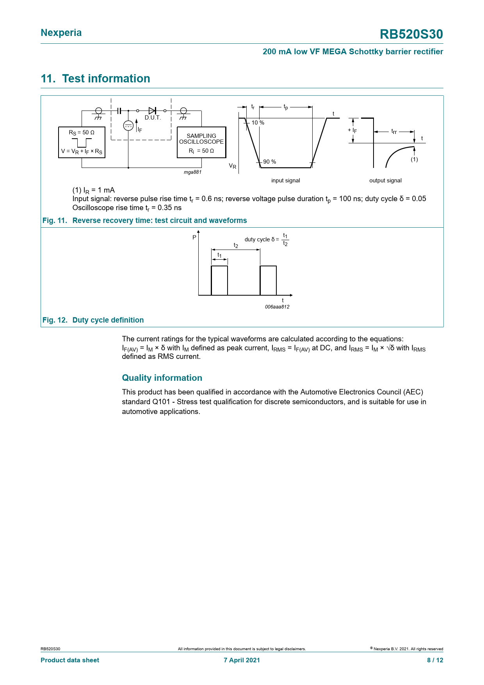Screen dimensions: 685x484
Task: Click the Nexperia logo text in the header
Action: tap(61, 33)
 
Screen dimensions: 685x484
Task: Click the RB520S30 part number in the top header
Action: tap(411, 34)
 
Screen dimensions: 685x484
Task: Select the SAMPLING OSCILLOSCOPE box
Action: tap(201, 143)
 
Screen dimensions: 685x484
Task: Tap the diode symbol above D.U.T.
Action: tap(152, 111)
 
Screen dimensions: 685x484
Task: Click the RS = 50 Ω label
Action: tap(82, 133)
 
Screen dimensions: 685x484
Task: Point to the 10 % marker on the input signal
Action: tap(258, 123)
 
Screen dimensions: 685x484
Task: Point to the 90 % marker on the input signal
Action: tap(269, 162)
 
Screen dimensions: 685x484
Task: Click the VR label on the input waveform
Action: tap(233, 166)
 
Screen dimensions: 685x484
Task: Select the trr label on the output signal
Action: tap(394, 132)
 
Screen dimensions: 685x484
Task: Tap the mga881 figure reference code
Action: tap(192, 172)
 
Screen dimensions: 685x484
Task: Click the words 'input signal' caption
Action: tap(286, 180)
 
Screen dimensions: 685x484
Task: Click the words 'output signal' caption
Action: tap(385, 180)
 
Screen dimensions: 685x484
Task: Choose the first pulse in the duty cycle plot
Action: tap(219, 280)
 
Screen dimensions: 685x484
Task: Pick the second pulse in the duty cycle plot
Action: tap(268, 280)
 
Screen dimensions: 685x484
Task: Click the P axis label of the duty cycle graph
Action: tap(194, 237)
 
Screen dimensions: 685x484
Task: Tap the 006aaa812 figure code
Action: tap(277, 307)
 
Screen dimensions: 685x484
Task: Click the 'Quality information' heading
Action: tap(162, 378)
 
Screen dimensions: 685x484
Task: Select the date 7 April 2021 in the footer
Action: tap(242, 660)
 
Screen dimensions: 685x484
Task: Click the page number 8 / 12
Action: tap(435, 660)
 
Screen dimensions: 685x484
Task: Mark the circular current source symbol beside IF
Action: tap(128, 126)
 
